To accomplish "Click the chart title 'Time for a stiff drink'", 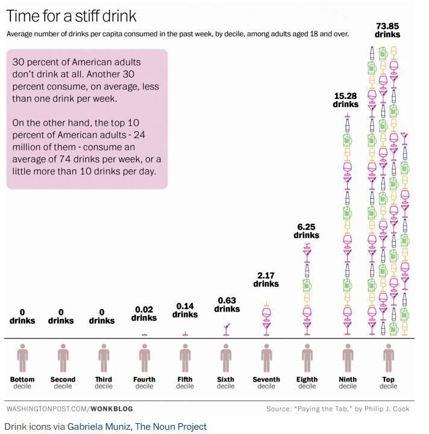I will coord(72,15).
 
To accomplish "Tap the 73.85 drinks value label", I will coord(387,30).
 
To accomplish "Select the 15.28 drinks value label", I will coord(346,100).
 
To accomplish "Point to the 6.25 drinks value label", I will coord(306,231).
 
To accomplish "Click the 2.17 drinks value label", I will coord(266,279).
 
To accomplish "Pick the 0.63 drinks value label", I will coord(227,305).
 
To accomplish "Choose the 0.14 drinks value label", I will coord(185,310).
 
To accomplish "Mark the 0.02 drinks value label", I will coord(144,314).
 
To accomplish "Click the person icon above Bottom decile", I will coord(22,358).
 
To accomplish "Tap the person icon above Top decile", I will coord(388,358).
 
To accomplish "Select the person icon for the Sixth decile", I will coord(226,358).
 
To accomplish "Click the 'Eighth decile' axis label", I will coord(307,383).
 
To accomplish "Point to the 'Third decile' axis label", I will coord(104,383).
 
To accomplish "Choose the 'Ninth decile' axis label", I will coord(348,383).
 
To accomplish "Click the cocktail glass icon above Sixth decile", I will coord(227,329).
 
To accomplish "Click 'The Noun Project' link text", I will coord(171,427).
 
